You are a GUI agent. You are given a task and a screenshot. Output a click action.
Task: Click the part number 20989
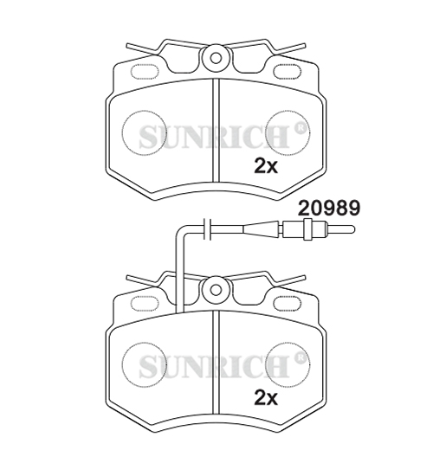tap(329, 208)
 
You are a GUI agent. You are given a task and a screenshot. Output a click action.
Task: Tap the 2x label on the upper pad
tap(266, 166)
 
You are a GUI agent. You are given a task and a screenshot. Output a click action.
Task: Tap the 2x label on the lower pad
tap(266, 398)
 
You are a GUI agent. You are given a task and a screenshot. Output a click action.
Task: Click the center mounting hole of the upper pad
tap(216, 58)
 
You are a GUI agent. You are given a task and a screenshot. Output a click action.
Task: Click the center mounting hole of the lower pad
tap(216, 290)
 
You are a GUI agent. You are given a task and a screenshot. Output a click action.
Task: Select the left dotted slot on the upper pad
tap(145, 72)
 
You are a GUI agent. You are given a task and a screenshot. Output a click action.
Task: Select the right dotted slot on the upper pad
tap(288, 72)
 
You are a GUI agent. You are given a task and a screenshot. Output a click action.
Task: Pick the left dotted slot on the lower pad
tap(145, 304)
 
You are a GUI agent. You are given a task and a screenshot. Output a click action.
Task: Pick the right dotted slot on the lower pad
tap(288, 304)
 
